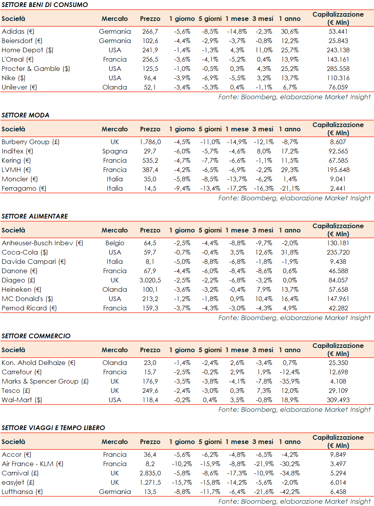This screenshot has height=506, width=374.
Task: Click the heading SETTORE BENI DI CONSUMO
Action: click(45, 5)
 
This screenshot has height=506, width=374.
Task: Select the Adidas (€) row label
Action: click(18, 31)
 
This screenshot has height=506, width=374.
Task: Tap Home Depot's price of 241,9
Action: click(150, 50)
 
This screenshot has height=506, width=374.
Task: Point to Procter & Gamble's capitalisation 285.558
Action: click(338, 69)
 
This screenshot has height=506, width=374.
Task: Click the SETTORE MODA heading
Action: click(26, 115)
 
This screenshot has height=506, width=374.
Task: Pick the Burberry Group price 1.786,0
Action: click(150, 142)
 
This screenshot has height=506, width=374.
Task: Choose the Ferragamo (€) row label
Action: click(24, 188)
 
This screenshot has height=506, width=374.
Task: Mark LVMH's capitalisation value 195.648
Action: click(338, 170)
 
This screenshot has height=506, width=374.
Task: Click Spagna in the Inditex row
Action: click(115, 151)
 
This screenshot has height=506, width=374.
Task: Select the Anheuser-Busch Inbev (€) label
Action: click(42, 243)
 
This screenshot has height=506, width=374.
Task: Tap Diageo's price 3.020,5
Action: click(150, 280)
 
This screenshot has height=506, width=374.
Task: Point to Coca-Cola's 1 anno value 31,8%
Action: click(290, 252)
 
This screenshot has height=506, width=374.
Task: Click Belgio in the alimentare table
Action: click(115, 243)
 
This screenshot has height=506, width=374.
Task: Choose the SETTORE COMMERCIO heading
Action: click(36, 336)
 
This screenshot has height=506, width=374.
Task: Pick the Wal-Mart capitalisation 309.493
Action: click(338, 400)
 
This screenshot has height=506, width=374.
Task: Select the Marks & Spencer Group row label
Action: click(45, 381)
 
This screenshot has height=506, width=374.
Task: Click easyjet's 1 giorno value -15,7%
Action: click(182, 482)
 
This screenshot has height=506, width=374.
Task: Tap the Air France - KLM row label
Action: click(32, 464)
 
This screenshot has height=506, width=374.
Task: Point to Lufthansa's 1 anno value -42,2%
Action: click(290, 492)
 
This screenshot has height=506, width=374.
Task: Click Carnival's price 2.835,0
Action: click(150, 473)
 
